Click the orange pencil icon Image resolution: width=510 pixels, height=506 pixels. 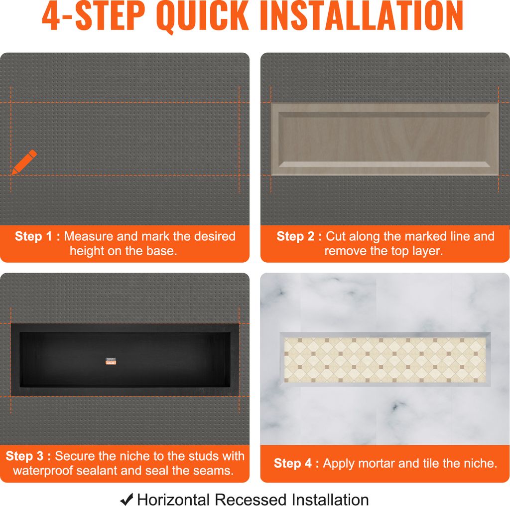[x=24, y=162]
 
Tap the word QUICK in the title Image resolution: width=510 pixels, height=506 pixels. [x=202, y=16]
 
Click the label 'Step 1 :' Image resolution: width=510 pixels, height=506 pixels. [x=37, y=236]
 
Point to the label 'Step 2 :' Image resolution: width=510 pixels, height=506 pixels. [x=299, y=236]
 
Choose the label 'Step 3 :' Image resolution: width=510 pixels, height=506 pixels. [x=28, y=456]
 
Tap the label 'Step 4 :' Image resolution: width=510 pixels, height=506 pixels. [x=296, y=463]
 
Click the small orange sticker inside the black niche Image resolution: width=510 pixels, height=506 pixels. [x=111, y=361]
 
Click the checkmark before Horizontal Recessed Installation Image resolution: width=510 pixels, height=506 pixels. [x=127, y=500]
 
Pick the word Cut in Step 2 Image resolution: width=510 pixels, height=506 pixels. [x=336, y=236]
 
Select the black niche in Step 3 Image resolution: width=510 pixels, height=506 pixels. [x=125, y=360]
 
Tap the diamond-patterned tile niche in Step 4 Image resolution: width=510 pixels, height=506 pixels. [x=385, y=359]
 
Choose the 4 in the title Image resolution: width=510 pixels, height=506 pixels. [x=51, y=16]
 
